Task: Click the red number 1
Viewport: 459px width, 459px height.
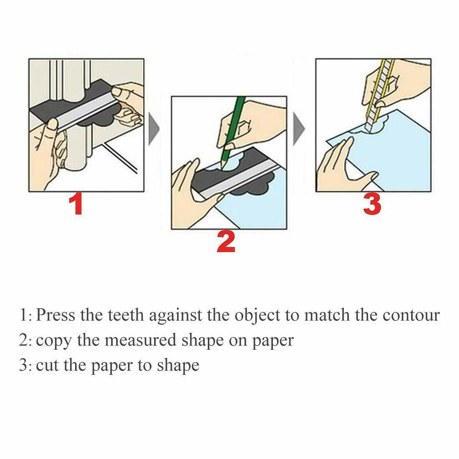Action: point(77,204)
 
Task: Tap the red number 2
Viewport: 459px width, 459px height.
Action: point(226,242)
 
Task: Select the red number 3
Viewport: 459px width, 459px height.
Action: point(372,204)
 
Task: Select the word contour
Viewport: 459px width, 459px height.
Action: point(411,315)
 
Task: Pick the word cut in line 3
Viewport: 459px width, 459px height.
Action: point(47,365)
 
